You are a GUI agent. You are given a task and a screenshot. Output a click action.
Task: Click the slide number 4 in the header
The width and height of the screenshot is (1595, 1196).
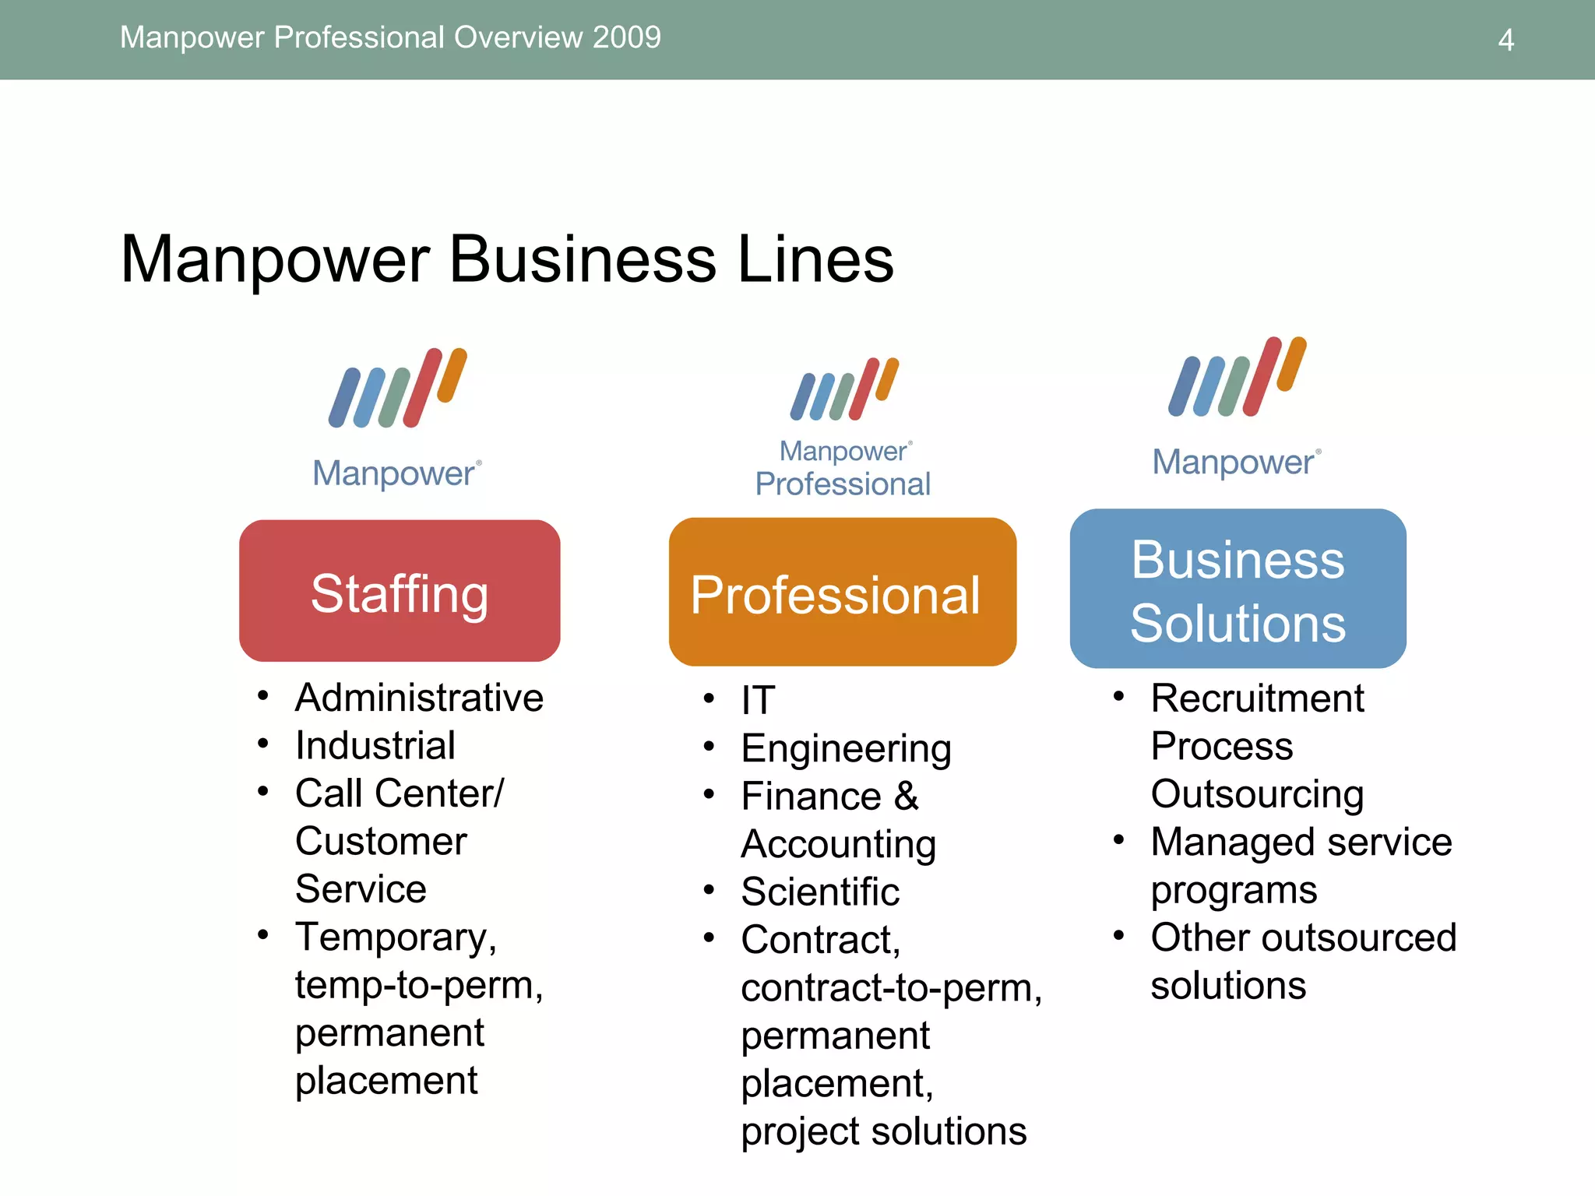1505,40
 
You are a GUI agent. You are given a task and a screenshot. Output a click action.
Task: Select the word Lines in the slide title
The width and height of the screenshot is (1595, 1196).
815,259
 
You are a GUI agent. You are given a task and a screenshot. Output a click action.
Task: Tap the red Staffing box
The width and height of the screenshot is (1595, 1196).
400,591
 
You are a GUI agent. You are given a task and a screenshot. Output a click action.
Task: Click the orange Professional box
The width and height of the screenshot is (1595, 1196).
842,593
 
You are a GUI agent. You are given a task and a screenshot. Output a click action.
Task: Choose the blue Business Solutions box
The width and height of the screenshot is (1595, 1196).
1238,589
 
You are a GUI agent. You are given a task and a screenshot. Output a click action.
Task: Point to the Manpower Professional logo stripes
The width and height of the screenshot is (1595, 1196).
844,389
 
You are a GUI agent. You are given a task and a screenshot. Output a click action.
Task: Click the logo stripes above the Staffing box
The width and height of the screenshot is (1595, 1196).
398,388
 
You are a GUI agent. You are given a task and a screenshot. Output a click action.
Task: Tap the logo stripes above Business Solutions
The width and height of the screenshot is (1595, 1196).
1237,377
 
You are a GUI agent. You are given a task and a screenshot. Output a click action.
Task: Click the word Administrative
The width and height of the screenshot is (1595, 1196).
419,698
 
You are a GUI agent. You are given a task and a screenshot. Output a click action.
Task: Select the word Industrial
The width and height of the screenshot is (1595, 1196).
375,746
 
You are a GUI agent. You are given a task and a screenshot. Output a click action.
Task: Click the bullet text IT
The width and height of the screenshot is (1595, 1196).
758,700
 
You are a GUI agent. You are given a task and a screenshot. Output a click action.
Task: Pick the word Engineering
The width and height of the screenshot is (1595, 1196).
846,749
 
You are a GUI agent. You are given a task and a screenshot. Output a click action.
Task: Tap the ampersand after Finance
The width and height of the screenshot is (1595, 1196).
907,797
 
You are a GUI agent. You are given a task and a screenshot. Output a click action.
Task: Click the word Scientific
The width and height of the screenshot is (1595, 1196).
820,892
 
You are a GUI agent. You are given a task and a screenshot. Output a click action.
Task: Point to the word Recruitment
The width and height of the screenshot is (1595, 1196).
1257,698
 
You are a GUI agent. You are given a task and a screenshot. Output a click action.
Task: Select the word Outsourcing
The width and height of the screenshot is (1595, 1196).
1257,794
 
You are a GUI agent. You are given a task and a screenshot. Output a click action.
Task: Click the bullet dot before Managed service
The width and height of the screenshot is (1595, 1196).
1119,839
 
